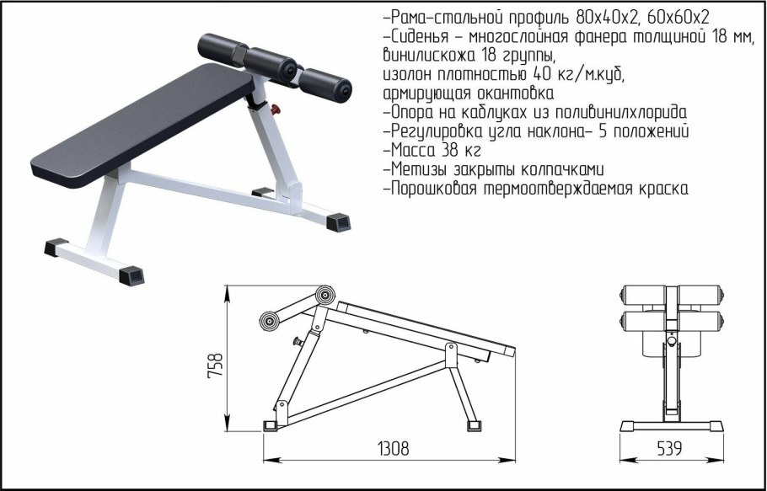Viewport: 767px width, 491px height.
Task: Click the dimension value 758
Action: (x=215, y=365)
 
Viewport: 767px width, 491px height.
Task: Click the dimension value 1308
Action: (x=394, y=449)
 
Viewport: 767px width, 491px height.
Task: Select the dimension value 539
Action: (x=668, y=449)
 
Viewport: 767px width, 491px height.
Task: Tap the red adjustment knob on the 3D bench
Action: (x=276, y=109)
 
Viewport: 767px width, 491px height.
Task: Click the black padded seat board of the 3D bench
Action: (x=142, y=125)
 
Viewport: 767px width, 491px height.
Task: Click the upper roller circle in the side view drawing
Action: (x=324, y=295)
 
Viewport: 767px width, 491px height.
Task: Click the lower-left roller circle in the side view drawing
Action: (x=269, y=321)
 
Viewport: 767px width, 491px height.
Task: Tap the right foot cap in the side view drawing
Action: (x=474, y=425)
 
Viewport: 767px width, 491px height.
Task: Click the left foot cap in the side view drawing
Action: (x=270, y=425)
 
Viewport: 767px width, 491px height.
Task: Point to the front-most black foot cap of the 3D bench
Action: (x=131, y=275)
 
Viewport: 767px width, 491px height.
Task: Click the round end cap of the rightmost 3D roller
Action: (x=344, y=90)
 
